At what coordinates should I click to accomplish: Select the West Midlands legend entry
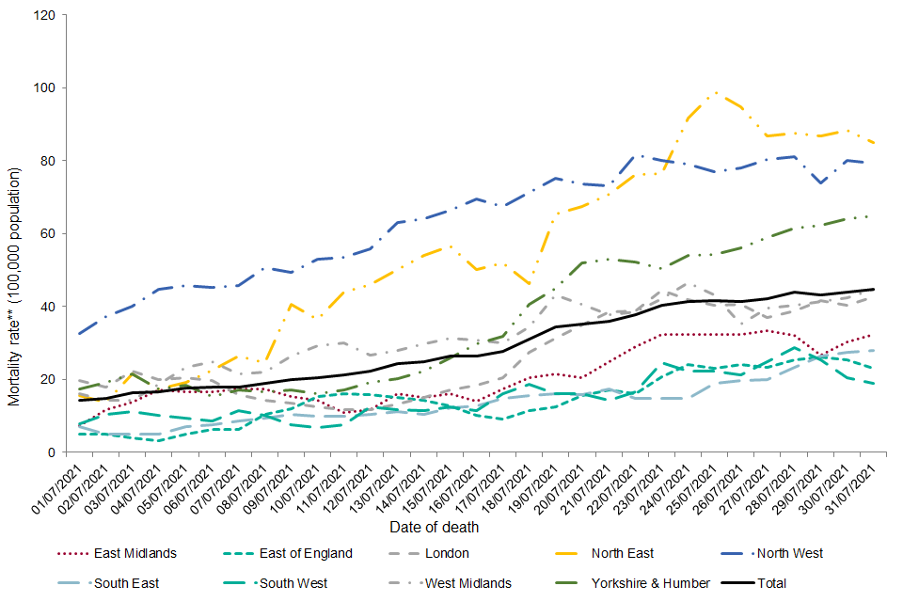[x=467, y=583]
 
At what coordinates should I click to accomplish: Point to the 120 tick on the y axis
[x=44, y=16]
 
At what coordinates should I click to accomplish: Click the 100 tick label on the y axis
[x=44, y=88]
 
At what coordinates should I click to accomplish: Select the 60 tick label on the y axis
[x=47, y=234]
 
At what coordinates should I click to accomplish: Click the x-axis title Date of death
[x=436, y=528]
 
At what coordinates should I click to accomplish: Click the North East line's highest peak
[x=717, y=92]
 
